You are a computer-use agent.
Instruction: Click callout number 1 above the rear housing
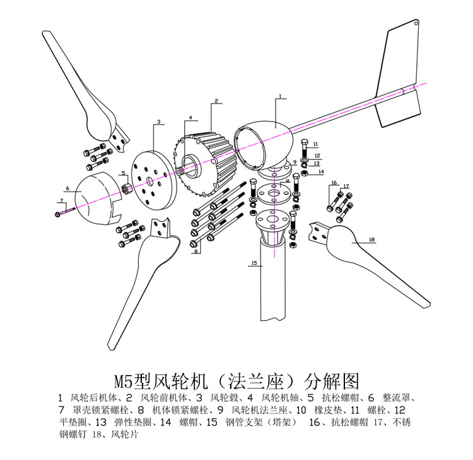[x=279, y=96]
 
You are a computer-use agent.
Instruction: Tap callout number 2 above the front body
[x=215, y=101]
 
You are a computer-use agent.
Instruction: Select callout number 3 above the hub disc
[x=159, y=121]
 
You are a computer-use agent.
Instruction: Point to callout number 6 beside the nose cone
[x=66, y=188]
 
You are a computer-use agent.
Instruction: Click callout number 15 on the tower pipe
[x=254, y=264]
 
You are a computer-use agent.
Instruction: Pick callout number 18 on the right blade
[x=371, y=240]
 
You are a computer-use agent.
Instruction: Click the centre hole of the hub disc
[x=149, y=181]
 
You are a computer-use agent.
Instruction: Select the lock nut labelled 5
[x=125, y=187]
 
